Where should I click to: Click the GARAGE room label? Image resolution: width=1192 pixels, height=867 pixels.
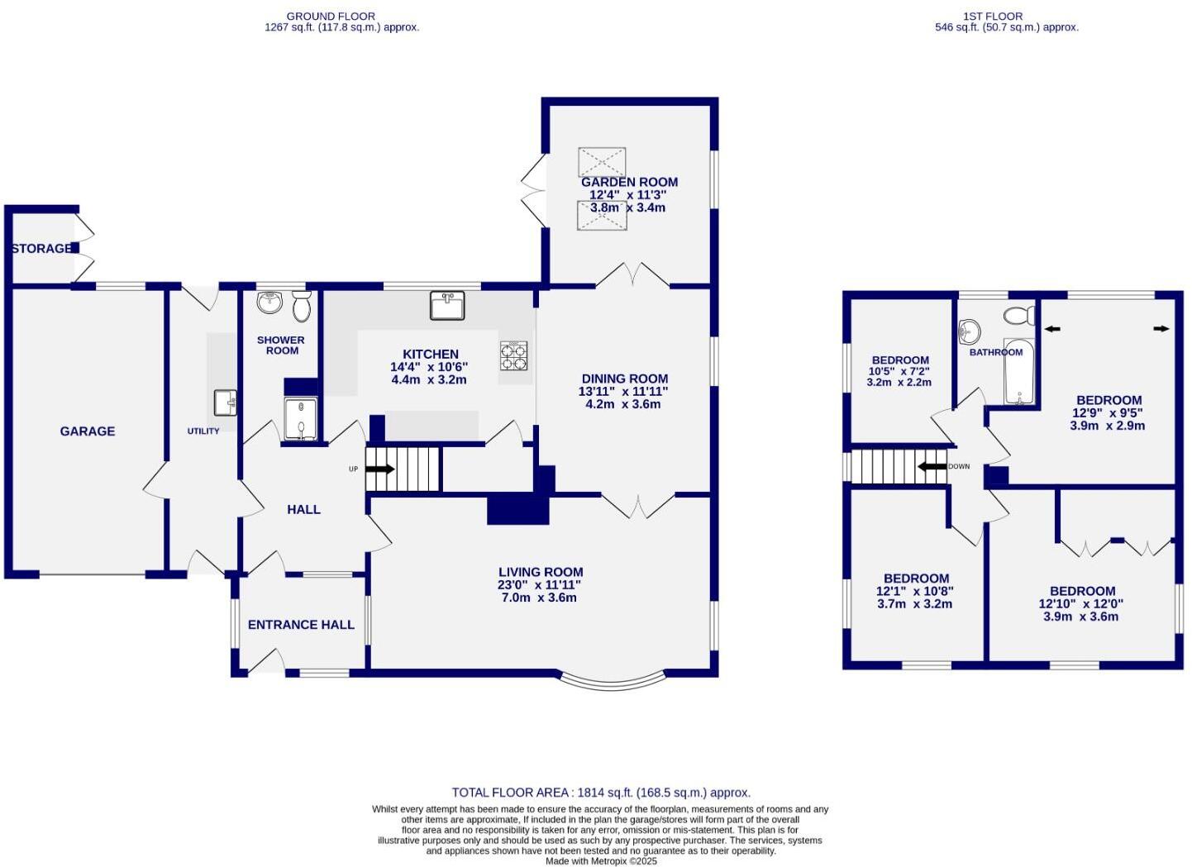click(87, 431)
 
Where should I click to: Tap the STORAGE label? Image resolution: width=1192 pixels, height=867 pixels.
click(41, 248)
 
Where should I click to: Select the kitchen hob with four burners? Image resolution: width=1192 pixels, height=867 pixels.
click(513, 355)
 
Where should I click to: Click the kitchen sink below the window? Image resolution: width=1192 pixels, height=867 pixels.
click(447, 305)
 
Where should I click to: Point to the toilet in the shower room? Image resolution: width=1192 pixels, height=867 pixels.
click(301, 306)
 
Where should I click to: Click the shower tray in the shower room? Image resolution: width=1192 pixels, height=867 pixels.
click(301, 419)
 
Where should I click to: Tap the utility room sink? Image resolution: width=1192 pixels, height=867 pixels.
click(225, 403)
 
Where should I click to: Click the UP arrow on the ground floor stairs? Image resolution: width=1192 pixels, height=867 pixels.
click(380, 469)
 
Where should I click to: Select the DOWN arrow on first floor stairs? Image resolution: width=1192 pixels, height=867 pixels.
click(932, 466)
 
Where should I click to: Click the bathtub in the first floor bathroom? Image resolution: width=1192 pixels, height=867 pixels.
click(1019, 372)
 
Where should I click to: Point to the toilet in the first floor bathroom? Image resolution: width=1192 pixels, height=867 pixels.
click(1019, 315)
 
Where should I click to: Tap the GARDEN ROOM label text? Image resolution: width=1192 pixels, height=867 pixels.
click(629, 182)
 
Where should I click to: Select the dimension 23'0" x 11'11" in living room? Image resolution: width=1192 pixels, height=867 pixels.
click(540, 584)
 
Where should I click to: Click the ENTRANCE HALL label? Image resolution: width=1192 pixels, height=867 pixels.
click(301, 624)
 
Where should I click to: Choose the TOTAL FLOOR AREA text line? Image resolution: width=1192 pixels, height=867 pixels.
click(601, 792)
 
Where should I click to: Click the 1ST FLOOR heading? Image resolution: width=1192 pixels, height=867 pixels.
click(993, 16)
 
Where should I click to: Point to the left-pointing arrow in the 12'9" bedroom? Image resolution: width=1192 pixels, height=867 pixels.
click(1052, 329)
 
